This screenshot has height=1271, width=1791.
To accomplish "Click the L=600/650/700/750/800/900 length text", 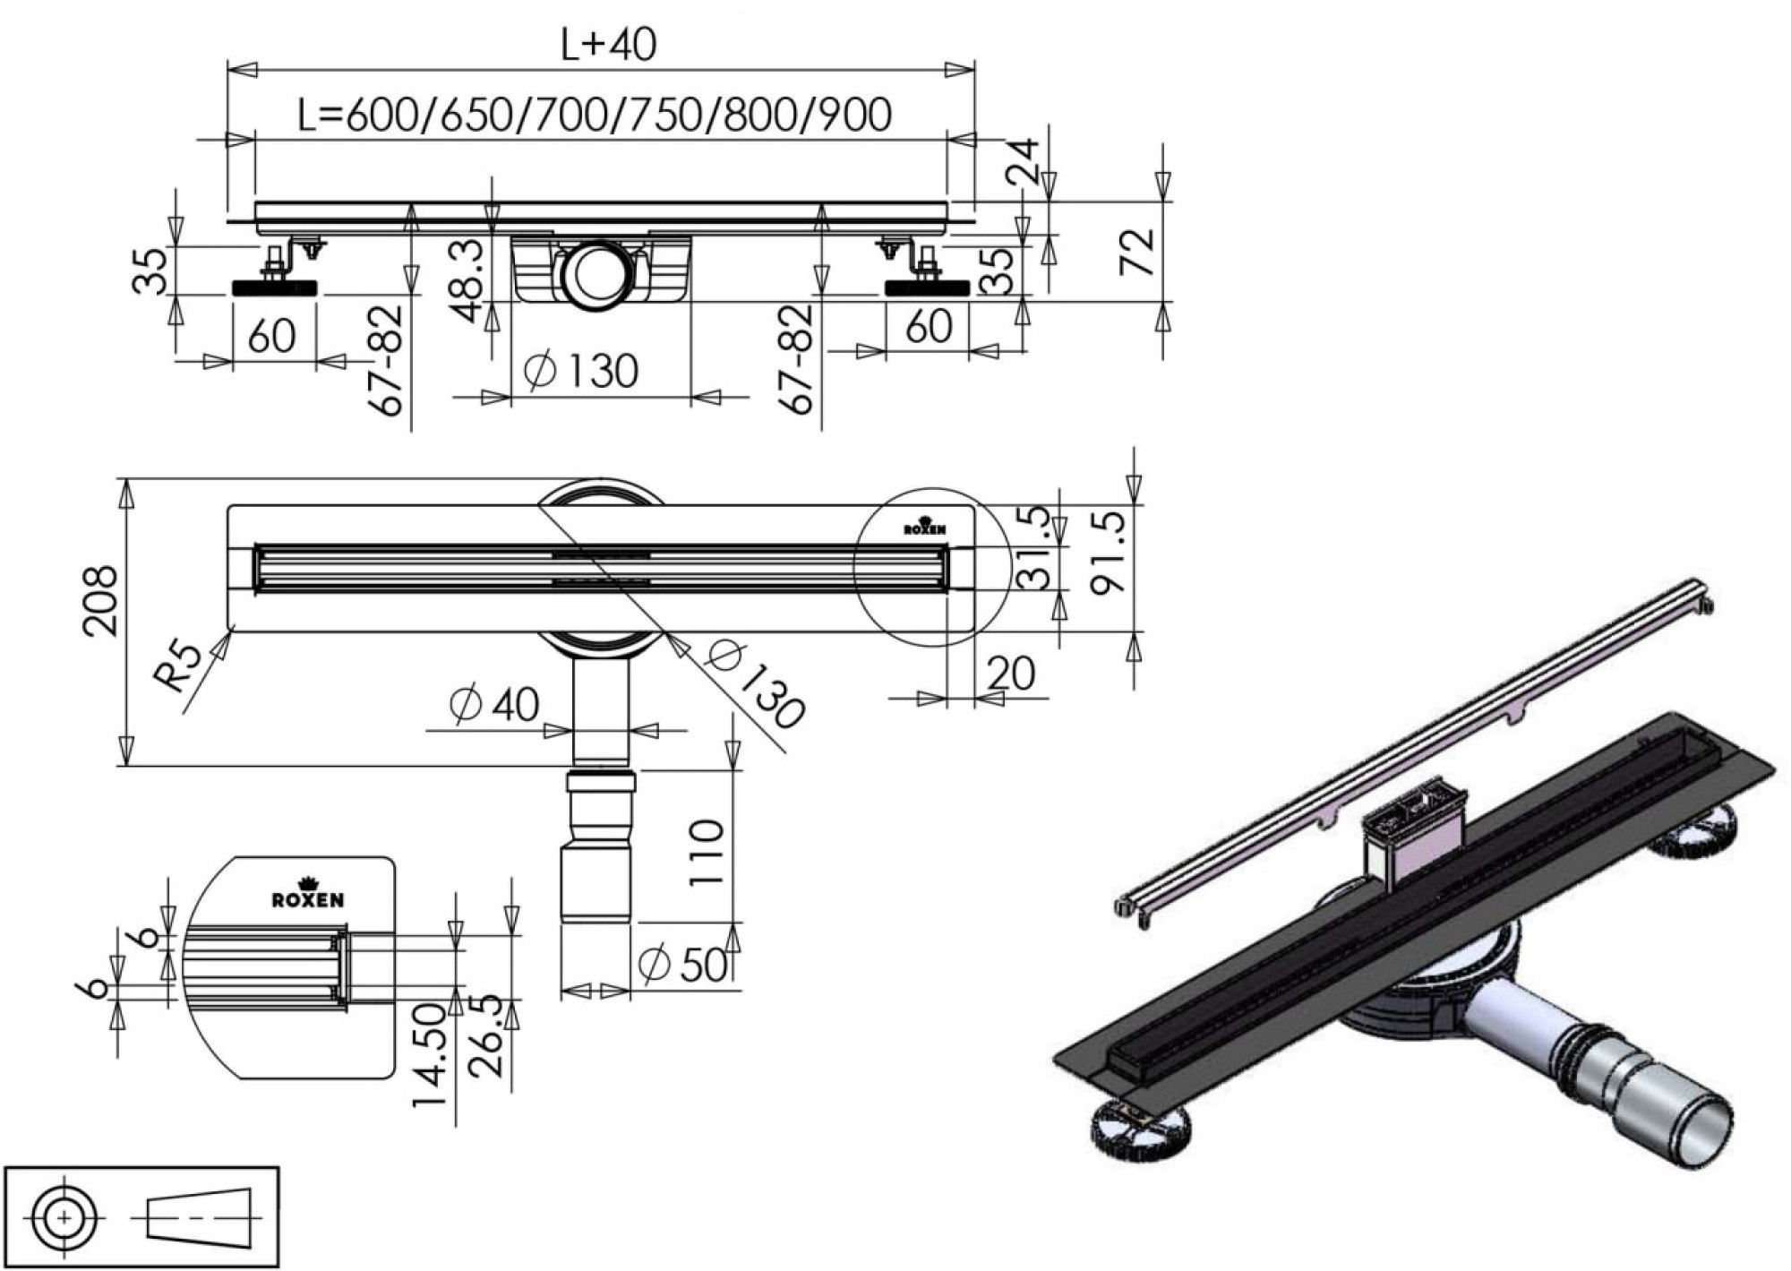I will [595, 115].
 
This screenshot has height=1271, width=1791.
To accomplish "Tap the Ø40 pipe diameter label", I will [494, 705].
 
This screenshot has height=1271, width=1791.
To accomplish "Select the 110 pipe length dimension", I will [707, 853].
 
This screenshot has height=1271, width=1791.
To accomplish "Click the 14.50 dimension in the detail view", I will [430, 1054].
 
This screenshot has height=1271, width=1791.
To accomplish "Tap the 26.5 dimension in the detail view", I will [484, 1035].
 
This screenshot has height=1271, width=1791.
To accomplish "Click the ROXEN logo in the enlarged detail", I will [307, 897].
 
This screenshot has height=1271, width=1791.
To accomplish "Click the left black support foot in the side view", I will [274, 288].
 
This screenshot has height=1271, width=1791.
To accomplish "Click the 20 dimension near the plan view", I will [1011, 674].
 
